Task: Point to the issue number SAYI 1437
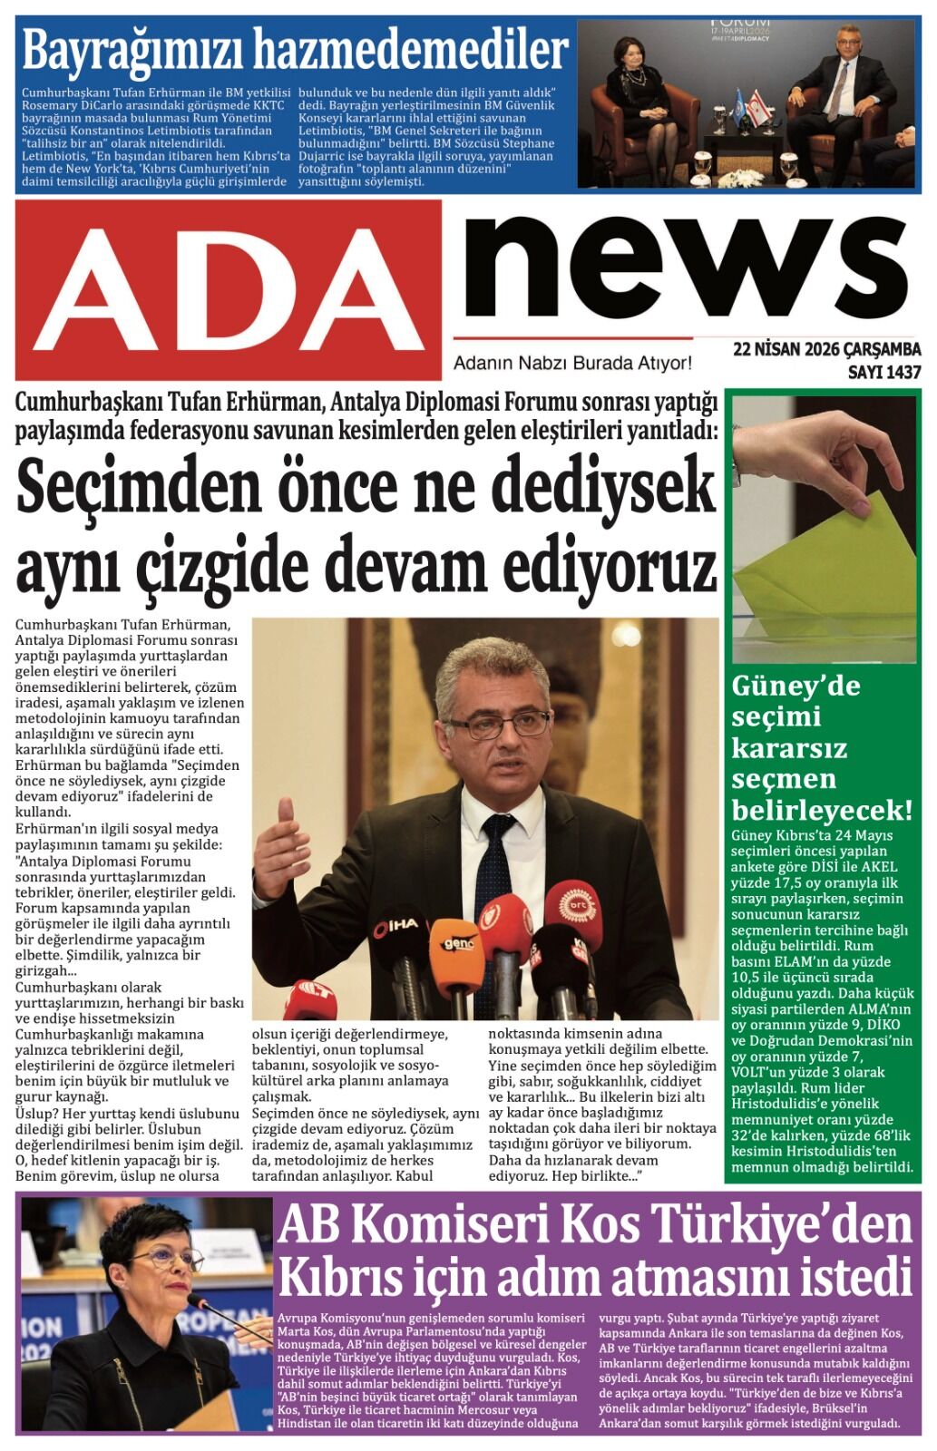point(883,372)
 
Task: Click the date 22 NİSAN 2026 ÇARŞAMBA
point(826,350)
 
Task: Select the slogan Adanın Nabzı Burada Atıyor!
point(572,364)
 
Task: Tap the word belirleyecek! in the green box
point(821,809)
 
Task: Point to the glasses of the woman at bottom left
point(168,1259)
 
